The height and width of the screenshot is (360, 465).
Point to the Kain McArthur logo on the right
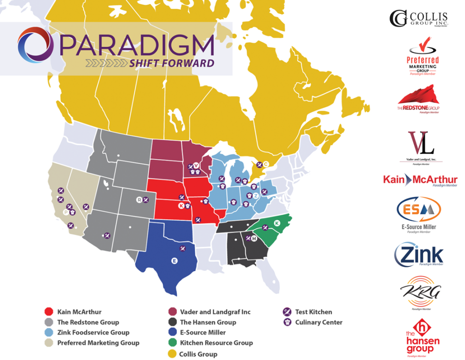420,180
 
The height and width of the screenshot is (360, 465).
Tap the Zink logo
418,256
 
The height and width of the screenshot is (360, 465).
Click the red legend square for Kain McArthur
48,312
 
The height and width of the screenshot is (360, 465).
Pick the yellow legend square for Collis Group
171,354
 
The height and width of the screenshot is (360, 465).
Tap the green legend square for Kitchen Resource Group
171,343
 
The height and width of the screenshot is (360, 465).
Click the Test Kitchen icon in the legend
287,312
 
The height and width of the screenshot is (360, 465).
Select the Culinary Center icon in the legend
287,322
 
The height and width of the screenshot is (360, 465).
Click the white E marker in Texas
174,261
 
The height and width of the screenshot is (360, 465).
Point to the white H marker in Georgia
254,238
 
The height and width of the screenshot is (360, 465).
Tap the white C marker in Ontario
266,164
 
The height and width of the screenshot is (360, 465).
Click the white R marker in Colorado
139,200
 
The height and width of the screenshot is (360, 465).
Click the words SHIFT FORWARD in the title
171,63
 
